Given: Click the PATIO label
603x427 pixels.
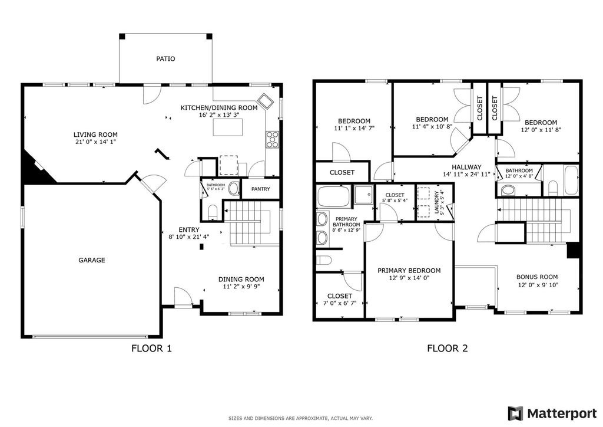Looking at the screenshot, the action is tap(165, 59).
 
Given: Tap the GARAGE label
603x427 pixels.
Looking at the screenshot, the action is tap(92, 260).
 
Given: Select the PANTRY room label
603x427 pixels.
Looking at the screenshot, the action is tap(261, 189).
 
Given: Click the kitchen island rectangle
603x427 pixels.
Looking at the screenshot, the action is tap(228, 127).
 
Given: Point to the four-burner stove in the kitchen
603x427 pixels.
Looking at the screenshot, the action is tap(272, 139).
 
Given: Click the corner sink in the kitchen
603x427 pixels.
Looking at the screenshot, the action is tap(266, 101).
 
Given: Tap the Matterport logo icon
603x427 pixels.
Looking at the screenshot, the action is tap(516, 413).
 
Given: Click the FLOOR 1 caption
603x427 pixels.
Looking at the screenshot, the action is tap(151, 349).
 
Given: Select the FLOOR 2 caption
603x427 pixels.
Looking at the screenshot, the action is tap(448, 349).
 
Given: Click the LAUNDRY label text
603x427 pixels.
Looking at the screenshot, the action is tap(436, 202).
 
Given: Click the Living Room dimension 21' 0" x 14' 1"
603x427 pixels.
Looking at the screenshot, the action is tap(96, 142).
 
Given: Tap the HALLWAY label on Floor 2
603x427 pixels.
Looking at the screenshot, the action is tap(466, 167).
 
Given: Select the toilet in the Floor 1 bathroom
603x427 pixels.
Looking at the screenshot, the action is tap(212, 211).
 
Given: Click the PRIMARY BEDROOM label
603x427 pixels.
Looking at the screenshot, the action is tap(409, 271).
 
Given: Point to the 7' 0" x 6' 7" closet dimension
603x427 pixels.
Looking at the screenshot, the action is tap(340, 303).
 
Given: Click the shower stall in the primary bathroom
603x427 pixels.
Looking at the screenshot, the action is tap(363, 195).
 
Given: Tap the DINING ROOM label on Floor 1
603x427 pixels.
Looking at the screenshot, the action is tap(241, 280).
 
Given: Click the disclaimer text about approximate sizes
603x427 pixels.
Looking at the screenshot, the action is tap(301, 418).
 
